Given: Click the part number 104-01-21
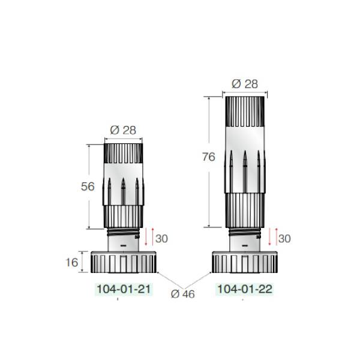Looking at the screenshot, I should point(124,289).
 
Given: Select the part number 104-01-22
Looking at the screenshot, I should point(244,289).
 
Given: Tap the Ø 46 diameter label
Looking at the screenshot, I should point(183,293).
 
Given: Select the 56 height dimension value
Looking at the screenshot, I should point(88,186).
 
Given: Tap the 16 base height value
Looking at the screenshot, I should point(71,262).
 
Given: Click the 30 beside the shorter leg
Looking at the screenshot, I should point(160,238).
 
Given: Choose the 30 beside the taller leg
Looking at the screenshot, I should point(284,238).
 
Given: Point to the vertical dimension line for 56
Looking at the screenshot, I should point(89,210).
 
